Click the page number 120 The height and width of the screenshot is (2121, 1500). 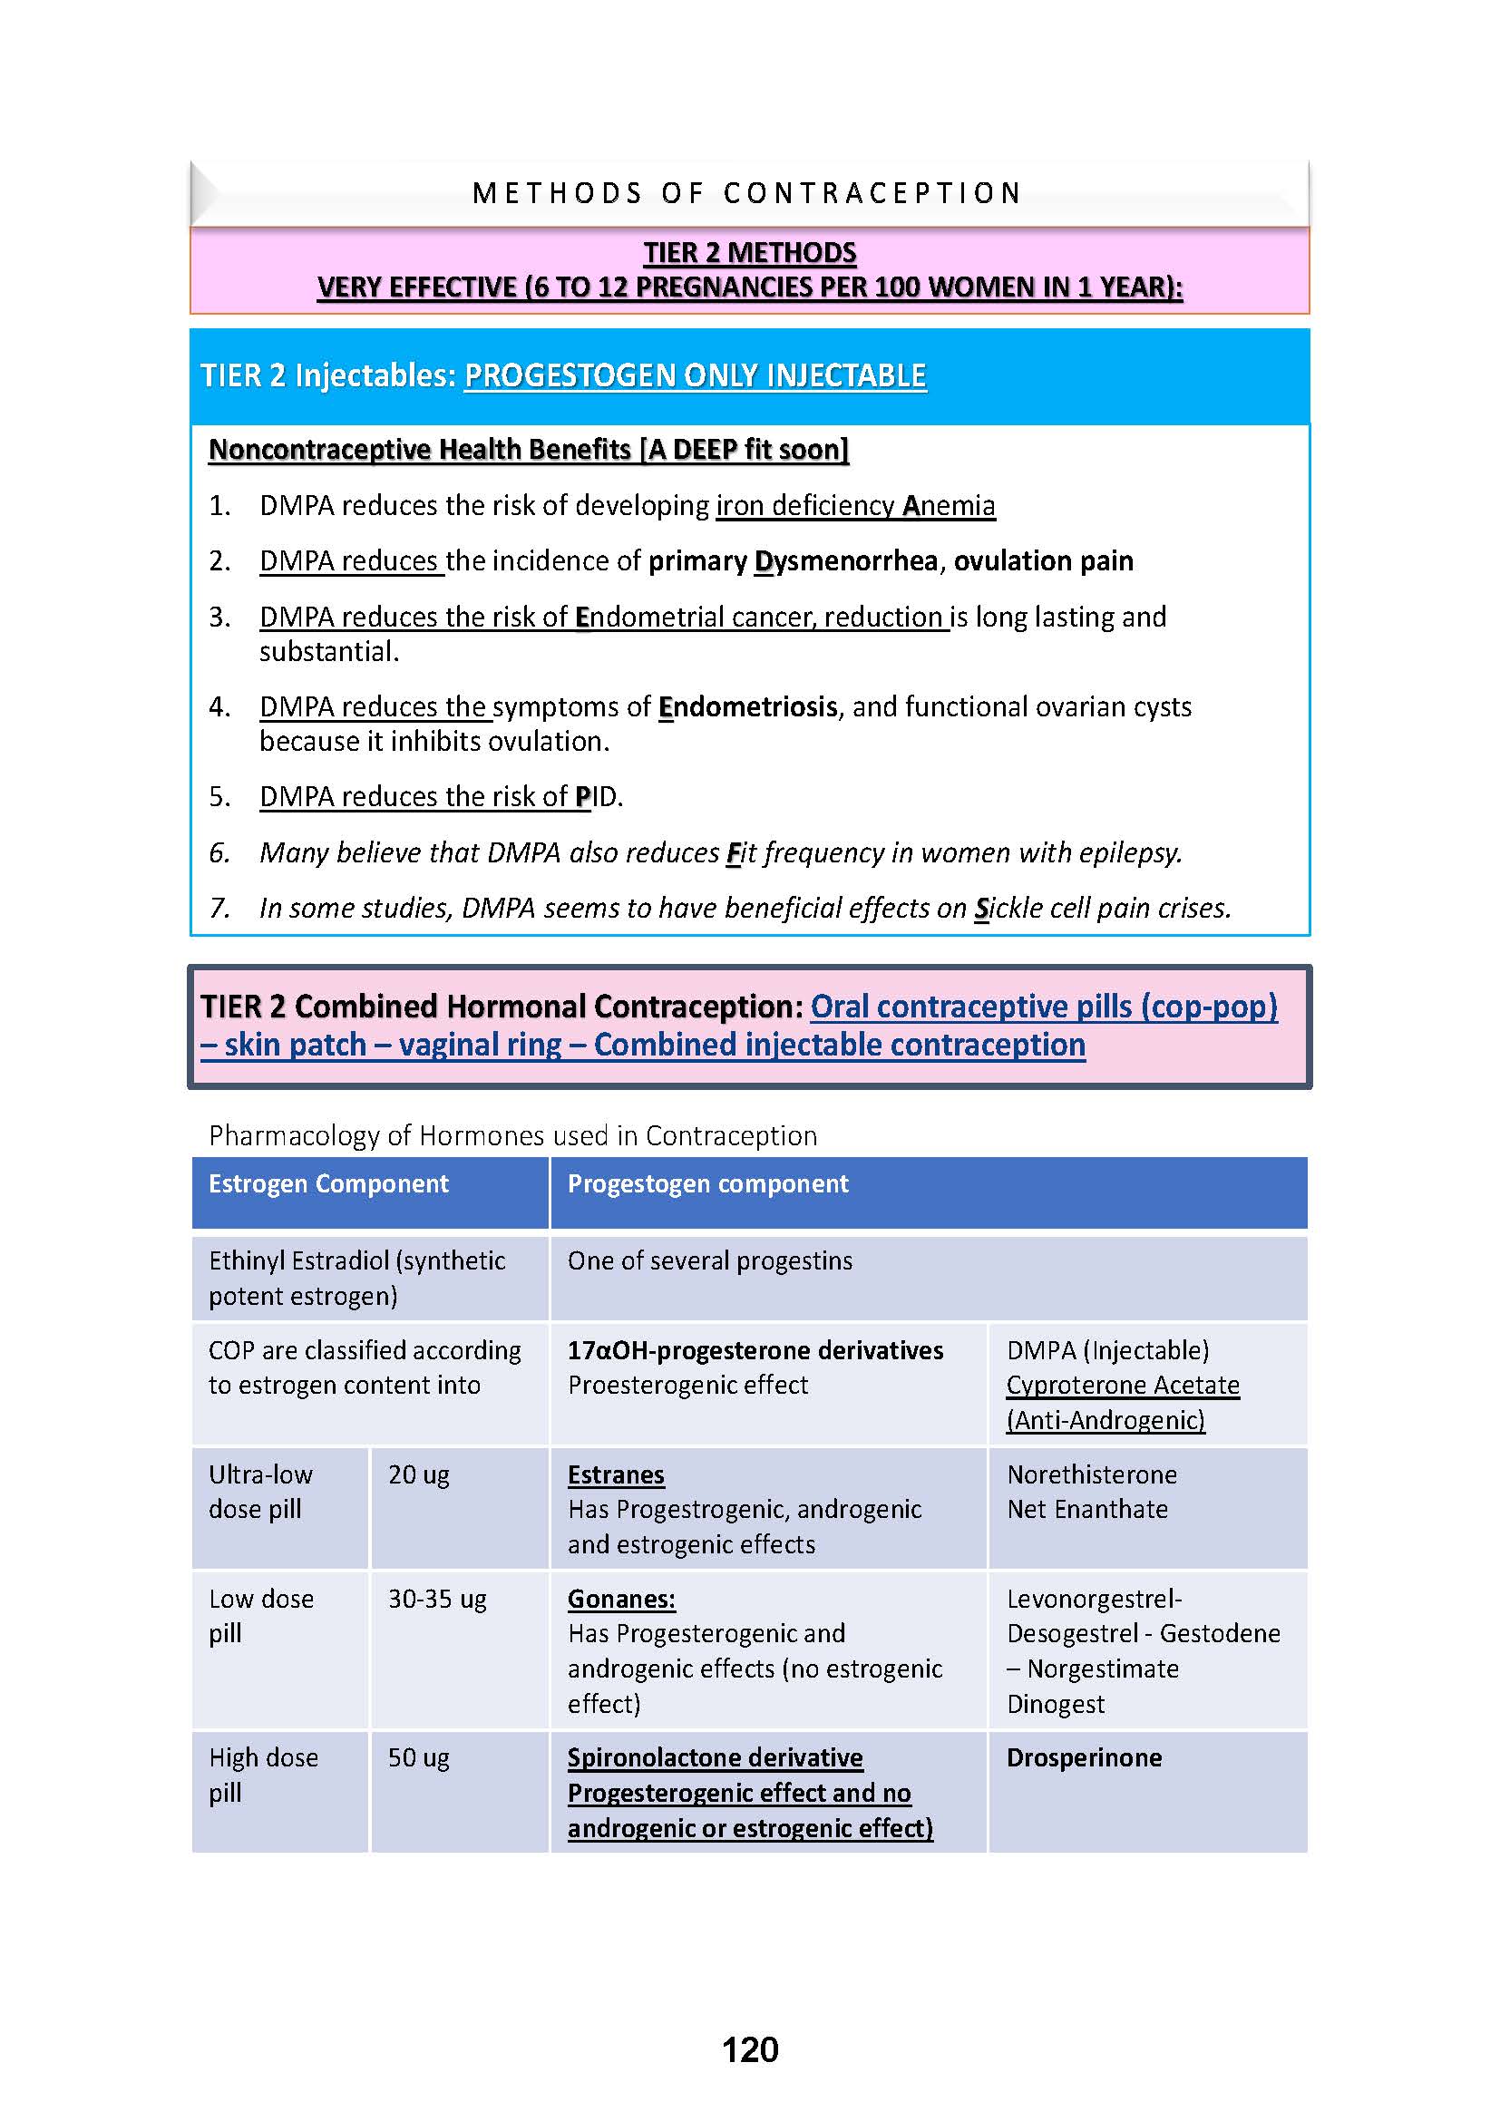(749, 2050)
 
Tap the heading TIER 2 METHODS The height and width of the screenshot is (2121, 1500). (749, 252)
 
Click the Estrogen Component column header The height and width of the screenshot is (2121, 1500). (328, 1183)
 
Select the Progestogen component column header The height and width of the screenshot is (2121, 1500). (707, 1183)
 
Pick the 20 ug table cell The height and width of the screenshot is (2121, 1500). (418, 1474)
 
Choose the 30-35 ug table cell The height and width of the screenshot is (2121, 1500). (437, 1599)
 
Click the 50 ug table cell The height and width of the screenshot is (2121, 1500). (418, 1758)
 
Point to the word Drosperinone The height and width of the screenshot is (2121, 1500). (1084, 1758)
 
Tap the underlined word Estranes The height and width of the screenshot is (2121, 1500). (616, 1475)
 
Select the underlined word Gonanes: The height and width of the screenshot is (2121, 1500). (621, 1599)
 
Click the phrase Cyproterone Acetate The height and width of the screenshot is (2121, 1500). (1122, 1386)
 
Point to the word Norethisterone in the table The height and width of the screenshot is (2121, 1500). (1092, 1474)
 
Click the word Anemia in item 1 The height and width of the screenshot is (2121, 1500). (949, 506)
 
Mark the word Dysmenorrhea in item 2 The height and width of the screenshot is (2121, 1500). (845, 561)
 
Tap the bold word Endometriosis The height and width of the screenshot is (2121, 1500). (747, 706)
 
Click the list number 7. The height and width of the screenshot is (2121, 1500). (219, 908)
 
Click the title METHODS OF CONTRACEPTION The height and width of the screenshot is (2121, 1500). (747, 193)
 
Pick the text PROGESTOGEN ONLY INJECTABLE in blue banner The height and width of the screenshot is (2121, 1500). (695, 376)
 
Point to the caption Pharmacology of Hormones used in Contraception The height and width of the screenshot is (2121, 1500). (512, 1135)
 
